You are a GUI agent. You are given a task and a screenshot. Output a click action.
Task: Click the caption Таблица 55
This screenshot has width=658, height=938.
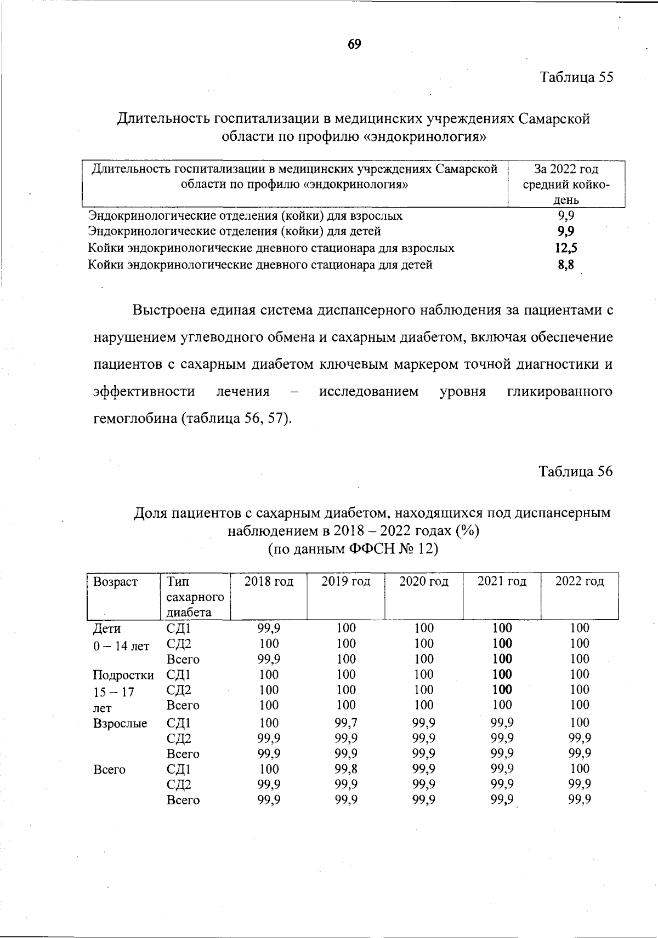(x=576, y=77)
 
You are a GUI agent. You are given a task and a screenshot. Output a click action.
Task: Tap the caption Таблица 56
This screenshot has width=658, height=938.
(x=575, y=472)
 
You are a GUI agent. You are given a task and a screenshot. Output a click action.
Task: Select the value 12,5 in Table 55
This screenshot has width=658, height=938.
(x=566, y=248)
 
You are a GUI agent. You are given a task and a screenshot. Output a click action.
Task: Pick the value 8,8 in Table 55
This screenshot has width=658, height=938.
(x=566, y=265)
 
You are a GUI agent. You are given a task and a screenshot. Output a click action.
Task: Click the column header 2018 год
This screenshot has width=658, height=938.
(x=269, y=581)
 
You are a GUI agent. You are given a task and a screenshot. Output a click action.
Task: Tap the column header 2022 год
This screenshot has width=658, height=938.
(x=580, y=581)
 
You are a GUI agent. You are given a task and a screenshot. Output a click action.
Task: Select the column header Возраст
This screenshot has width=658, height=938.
(x=115, y=581)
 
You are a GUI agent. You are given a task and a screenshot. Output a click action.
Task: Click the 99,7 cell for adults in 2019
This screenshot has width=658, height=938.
(x=346, y=723)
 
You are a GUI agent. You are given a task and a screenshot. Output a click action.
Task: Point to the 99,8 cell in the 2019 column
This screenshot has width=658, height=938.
(x=346, y=769)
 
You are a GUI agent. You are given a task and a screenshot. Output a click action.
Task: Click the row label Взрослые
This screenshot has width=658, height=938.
(x=120, y=723)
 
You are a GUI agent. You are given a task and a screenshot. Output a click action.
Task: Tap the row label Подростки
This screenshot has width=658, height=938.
(x=123, y=675)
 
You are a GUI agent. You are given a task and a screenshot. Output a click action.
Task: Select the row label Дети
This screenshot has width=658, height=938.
(x=107, y=628)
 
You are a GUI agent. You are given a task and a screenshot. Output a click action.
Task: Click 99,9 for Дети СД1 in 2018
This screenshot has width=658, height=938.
(x=269, y=628)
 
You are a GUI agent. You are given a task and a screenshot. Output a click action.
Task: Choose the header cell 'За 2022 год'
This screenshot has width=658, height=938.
(x=566, y=169)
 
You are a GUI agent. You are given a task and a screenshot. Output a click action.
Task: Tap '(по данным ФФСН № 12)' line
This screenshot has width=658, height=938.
(x=353, y=548)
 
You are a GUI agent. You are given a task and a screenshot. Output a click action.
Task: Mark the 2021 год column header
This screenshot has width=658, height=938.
(x=502, y=581)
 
